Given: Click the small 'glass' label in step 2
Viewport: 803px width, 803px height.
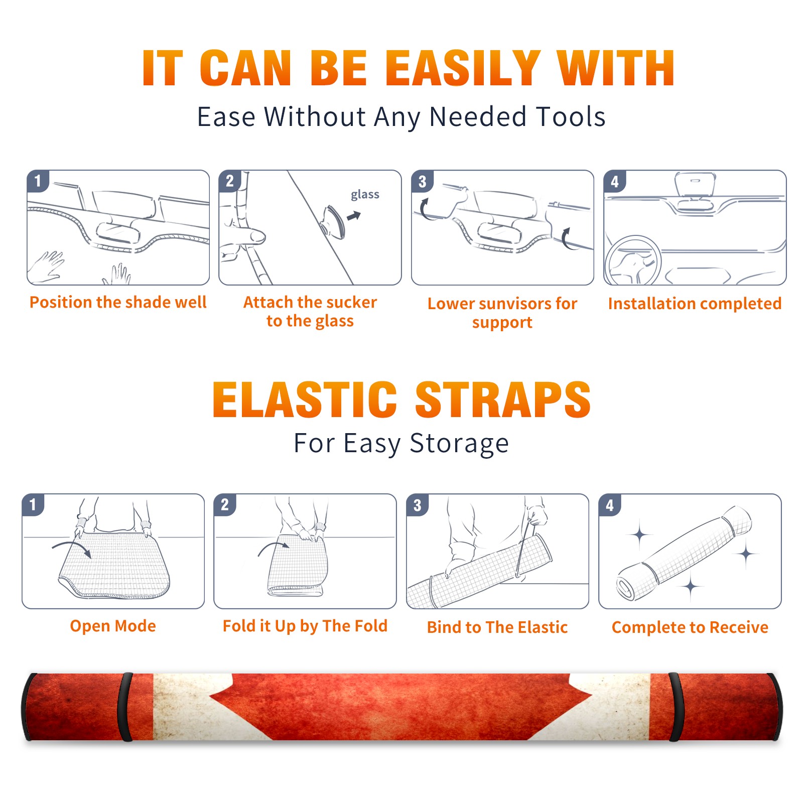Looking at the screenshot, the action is [365, 195].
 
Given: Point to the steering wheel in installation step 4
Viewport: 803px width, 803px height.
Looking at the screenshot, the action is [633, 260].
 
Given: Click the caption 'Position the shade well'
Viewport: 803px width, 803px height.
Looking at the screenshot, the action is [118, 302].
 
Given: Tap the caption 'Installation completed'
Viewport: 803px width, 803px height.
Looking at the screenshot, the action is [695, 303].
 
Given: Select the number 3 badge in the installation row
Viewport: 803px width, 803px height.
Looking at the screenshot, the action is [422, 182].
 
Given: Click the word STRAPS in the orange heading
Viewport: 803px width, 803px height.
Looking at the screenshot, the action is [503, 399].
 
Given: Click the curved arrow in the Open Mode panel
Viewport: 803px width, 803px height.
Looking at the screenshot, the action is [72, 549].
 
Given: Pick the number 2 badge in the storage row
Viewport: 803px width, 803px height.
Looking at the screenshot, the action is [225, 505].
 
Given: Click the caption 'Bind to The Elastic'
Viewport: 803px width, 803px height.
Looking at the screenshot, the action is [497, 627].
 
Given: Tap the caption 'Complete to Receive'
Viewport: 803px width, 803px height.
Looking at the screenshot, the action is [690, 627].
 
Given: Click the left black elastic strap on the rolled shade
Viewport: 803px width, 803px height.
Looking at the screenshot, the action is [125, 707].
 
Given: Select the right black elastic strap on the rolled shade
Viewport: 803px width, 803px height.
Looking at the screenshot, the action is [676, 707].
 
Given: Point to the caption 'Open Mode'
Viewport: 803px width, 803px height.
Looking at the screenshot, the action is [113, 626].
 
